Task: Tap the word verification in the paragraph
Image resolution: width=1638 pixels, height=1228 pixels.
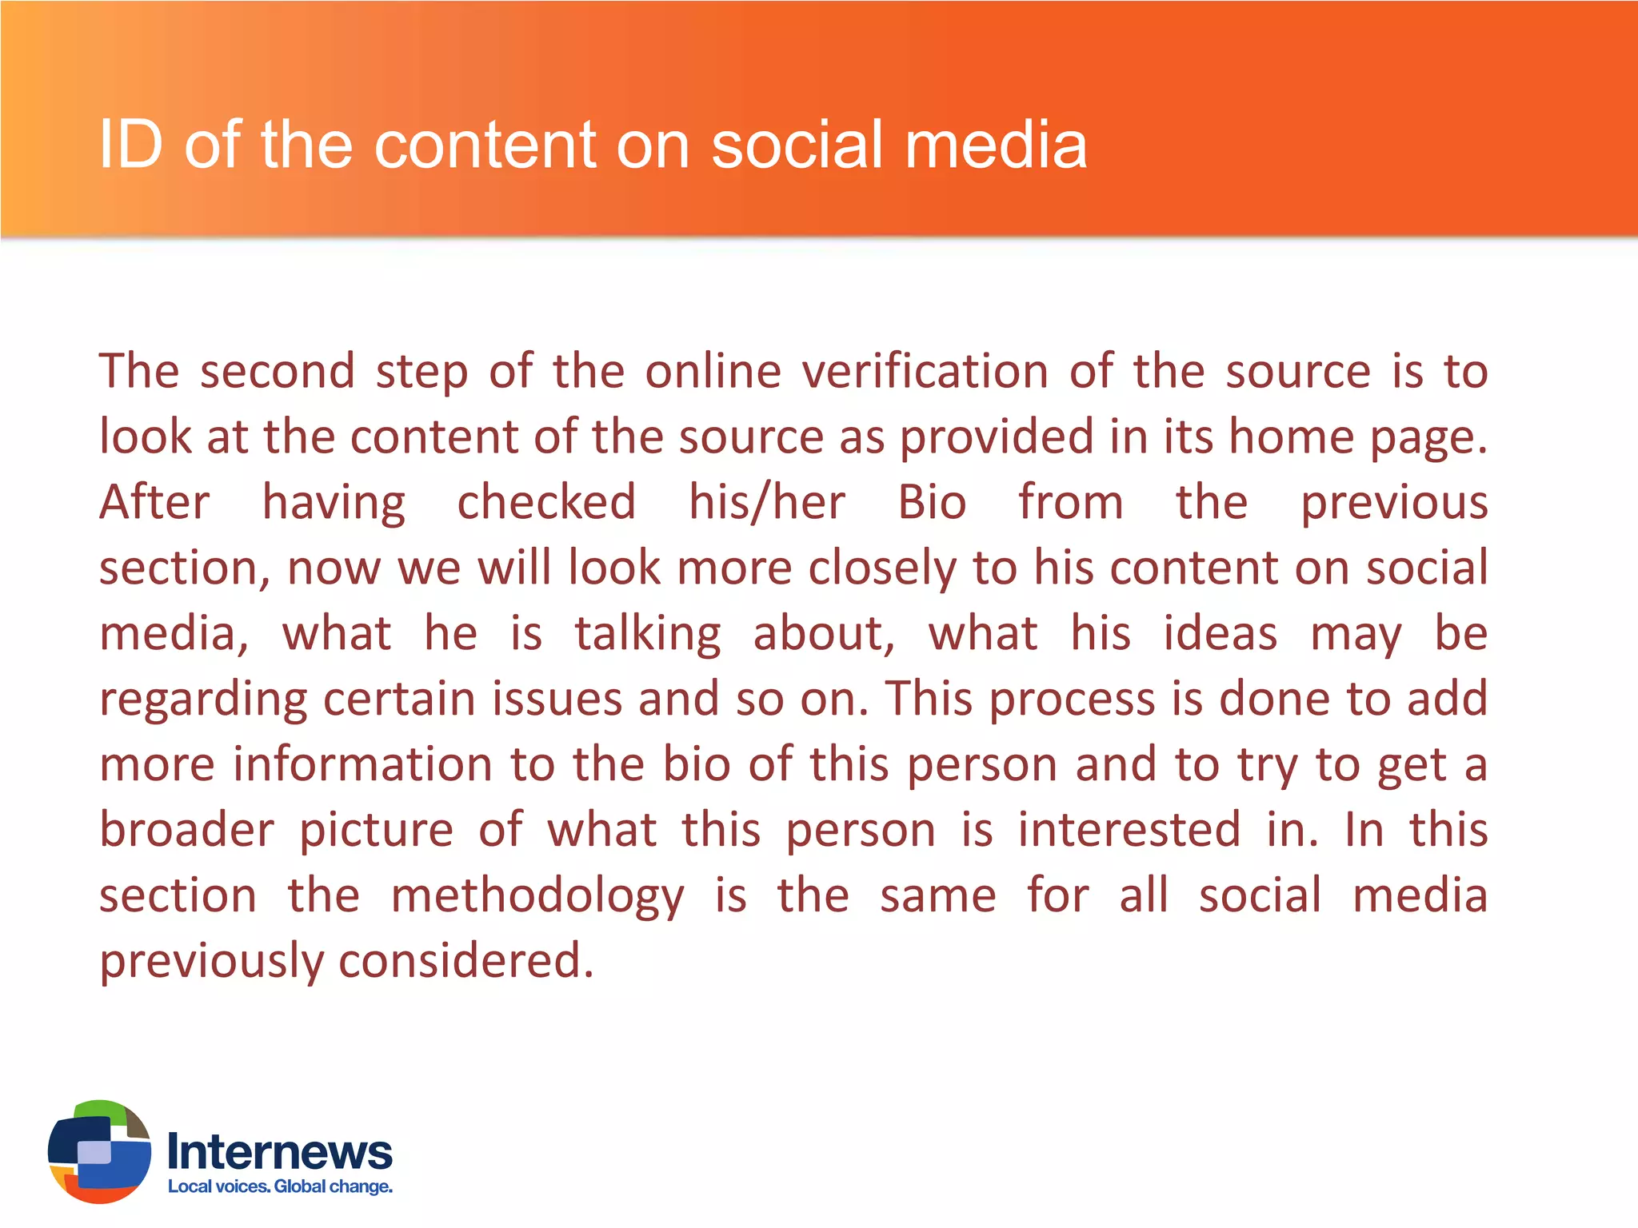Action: pos(925,372)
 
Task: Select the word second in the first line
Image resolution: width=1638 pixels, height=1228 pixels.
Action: pos(277,372)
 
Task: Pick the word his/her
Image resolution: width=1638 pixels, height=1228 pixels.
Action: pos(766,503)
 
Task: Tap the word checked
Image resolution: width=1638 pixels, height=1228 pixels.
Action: pos(546,503)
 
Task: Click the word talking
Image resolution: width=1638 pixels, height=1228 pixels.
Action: pos(648,634)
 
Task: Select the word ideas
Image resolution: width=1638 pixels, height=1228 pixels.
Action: pos(1220,634)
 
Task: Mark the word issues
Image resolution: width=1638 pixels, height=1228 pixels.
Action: pos(557,700)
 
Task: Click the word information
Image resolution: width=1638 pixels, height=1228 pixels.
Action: pos(362,764)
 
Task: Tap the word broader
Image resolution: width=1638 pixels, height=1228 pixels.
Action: pos(187,830)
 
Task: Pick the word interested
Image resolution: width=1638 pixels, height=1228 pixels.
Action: pos(1129,830)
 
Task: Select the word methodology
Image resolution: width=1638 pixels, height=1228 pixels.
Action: pos(537,895)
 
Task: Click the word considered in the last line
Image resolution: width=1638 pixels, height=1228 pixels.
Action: pos(466,961)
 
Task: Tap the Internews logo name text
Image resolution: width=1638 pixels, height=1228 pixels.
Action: pos(280,1152)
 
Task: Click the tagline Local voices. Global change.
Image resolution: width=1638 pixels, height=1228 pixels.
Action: pos(280,1186)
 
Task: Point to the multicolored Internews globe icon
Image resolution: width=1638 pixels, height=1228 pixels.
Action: pos(99,1151)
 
